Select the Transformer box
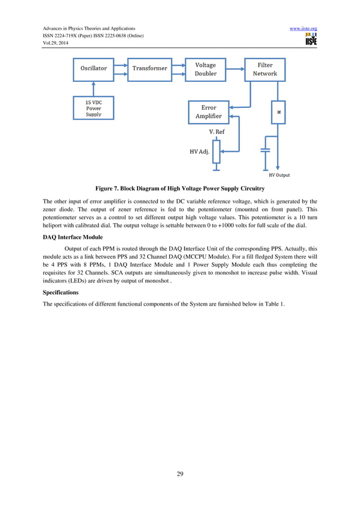pyautogui.click(x=150, y=68)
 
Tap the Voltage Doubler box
pyautogui.click(x=205, y=69)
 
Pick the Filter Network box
pyautogui.click(x=265, y=69)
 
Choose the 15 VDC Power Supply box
pyautogui.click(x=94, y=108)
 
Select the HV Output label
pyautogui.click(x=279, y=175)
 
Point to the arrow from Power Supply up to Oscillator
pyautogui.click(x=94, y=88)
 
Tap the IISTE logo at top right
pyautogui.click(x=311, y=39)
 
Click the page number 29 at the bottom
pyautogui.click(x=180, y=474)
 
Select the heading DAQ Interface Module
pyautogui.click(x=73, y=237)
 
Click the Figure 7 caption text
pyautogui.click(x=180, y=188)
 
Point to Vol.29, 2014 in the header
pyautogui.click(x=55, y=43)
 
